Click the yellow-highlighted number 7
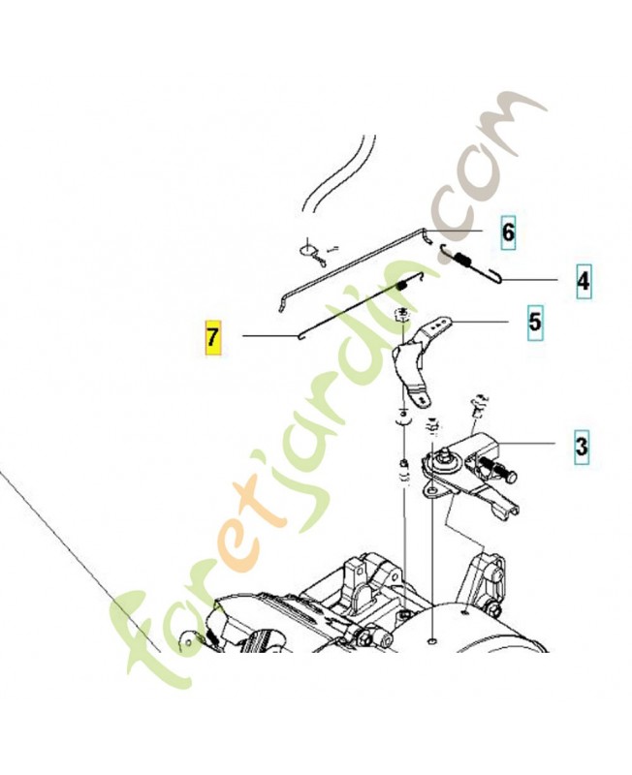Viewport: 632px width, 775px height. coord(213,337)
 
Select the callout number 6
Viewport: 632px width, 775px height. coord(508,232)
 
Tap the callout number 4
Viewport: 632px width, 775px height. coord(584,281)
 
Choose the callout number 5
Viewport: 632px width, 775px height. coord(535,323)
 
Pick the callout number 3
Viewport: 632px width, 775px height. coord(582,447)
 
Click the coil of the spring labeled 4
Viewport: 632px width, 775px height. coord(463,258)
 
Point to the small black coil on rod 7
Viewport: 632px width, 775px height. coord(401,285)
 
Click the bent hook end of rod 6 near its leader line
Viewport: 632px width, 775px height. coord(428,235)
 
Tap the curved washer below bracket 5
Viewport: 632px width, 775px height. coord(403,420)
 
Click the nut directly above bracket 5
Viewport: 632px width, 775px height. coord(403,314)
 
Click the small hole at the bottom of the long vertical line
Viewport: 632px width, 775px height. coord(431,641)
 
